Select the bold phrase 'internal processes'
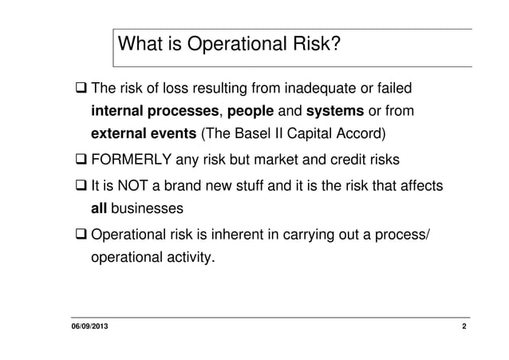click(154, 109)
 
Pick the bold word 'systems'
click(334, 109)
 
